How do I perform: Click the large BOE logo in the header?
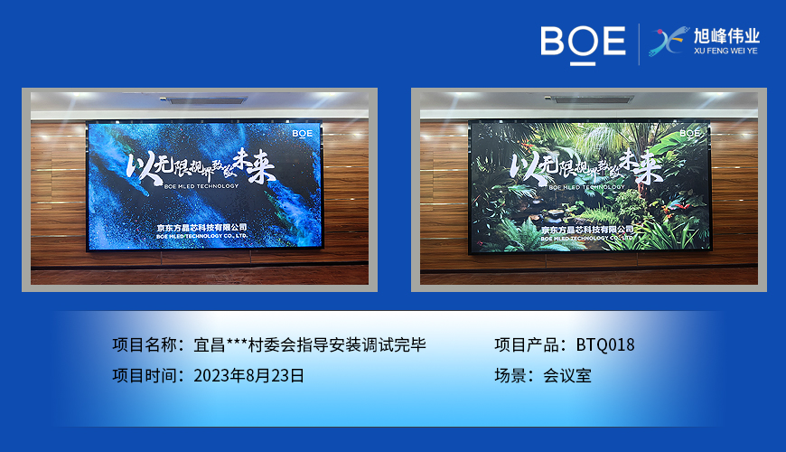pos(583,42)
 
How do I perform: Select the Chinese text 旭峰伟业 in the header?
pos(726,36)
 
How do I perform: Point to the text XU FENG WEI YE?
pos(726,52)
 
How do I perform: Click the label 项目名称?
pos(147,344)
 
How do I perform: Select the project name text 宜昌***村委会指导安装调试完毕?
pos(310,344)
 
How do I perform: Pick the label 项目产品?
pos(529,344)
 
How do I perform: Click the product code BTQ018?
pos(605,344)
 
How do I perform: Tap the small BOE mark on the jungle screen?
pos(689,133)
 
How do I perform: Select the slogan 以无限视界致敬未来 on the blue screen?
pos(201,165)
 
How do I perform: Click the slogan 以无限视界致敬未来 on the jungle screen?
pos(583,165)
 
